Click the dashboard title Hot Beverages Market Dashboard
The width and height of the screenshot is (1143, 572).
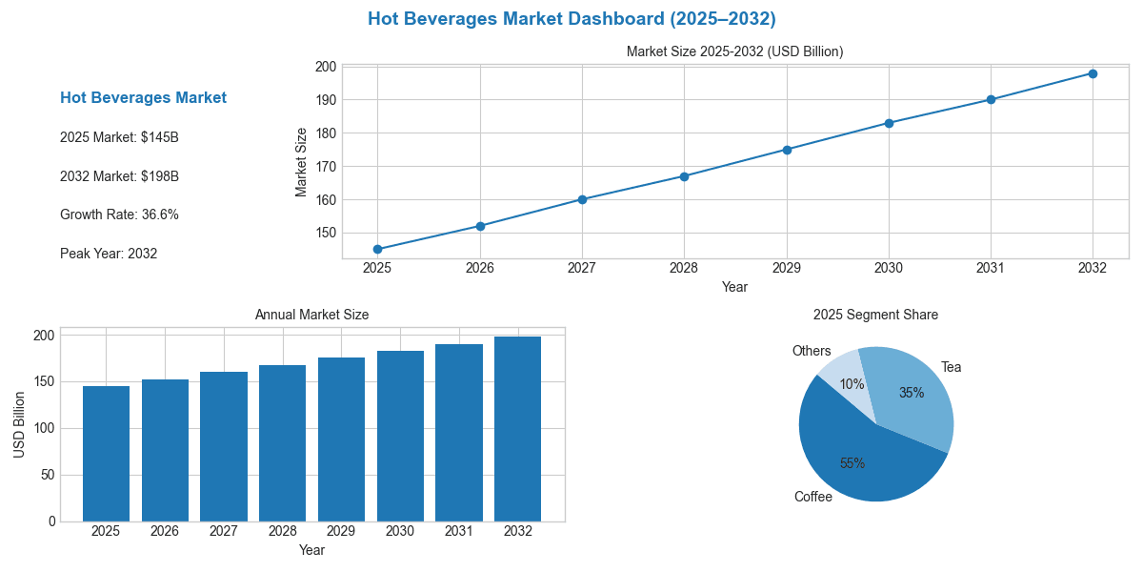tap(571, 19)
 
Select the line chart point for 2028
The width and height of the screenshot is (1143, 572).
tap(684, 176)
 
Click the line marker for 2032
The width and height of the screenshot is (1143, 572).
tap(1093, 73)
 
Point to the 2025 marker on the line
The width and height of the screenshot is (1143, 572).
tap(377, 249)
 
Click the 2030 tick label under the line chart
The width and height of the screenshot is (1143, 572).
tap(889, 269)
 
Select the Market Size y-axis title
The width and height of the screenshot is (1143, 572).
tap(302, 162)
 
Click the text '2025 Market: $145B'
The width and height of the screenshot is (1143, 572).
tap(119, 137)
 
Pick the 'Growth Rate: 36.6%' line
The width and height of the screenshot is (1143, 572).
tap(119, 214)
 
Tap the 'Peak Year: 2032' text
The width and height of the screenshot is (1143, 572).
tap(109, 254)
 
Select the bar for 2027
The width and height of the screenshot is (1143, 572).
tap(224, 446)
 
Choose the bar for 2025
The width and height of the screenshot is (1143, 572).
tap(106, 454)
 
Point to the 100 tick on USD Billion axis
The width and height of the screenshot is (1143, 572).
tap(44, 428)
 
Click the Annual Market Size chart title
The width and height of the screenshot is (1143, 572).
tap(311, 315)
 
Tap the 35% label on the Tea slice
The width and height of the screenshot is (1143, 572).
tap(912, 393)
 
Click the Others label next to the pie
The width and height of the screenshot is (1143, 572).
tap(812, 351)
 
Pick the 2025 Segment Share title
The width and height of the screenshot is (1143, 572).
tap(875, 315)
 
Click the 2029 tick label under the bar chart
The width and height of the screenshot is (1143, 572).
tap(341, 531)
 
